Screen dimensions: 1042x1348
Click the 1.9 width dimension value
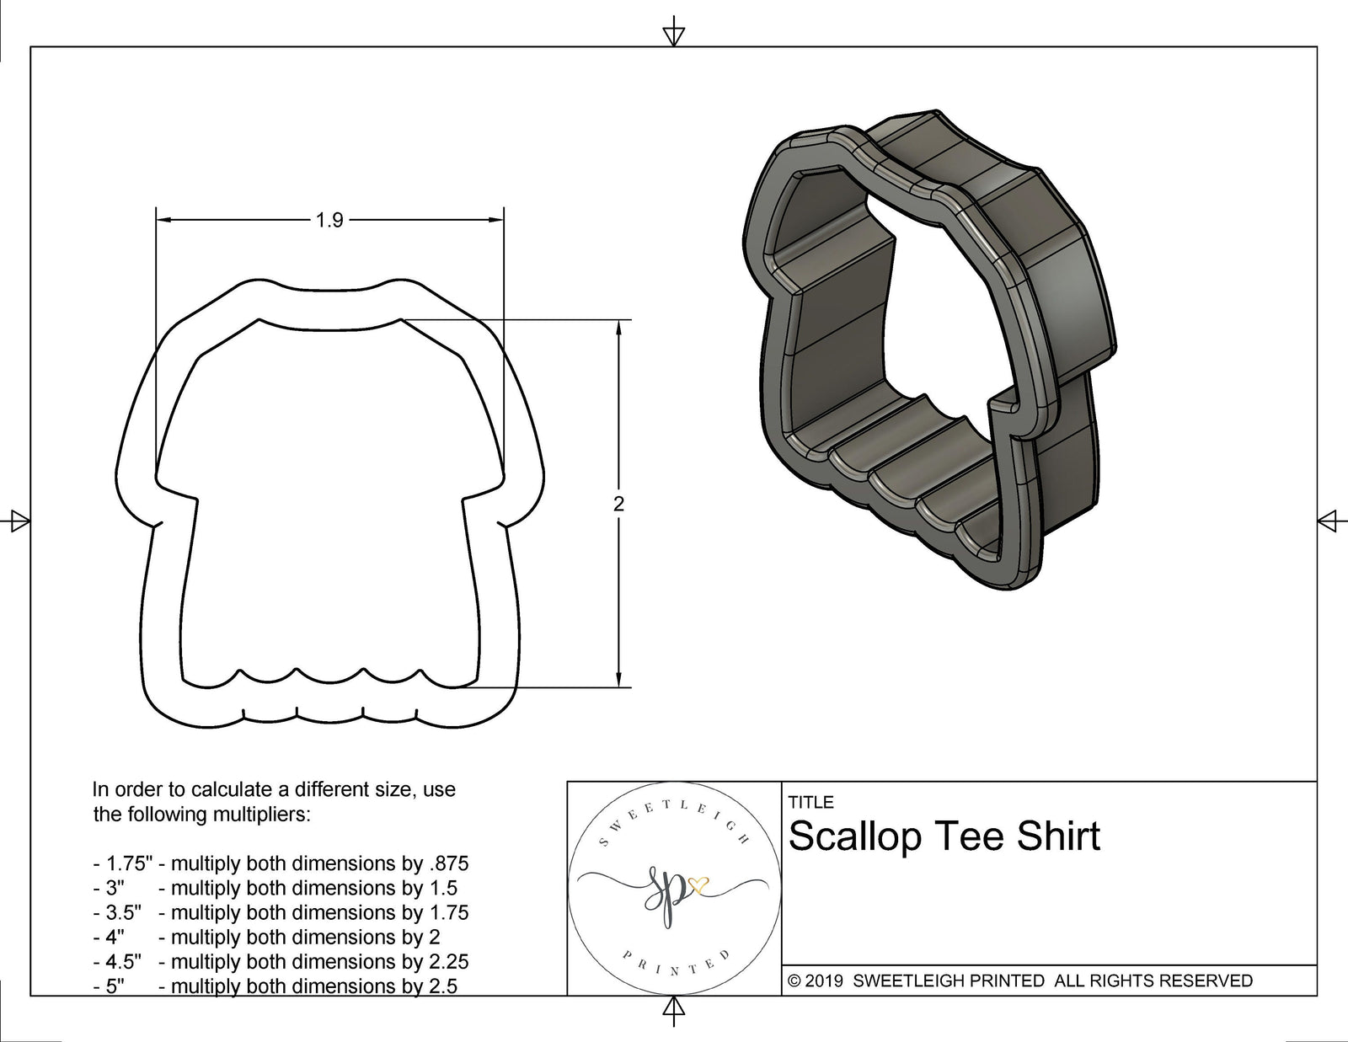(329, 221)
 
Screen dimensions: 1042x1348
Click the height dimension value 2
(619, 505)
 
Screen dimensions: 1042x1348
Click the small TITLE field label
(810, 803)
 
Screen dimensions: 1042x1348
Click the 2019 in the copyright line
(825, 981)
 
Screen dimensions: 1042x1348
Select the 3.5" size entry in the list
(123, 912)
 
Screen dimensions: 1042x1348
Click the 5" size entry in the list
(115, 986)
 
